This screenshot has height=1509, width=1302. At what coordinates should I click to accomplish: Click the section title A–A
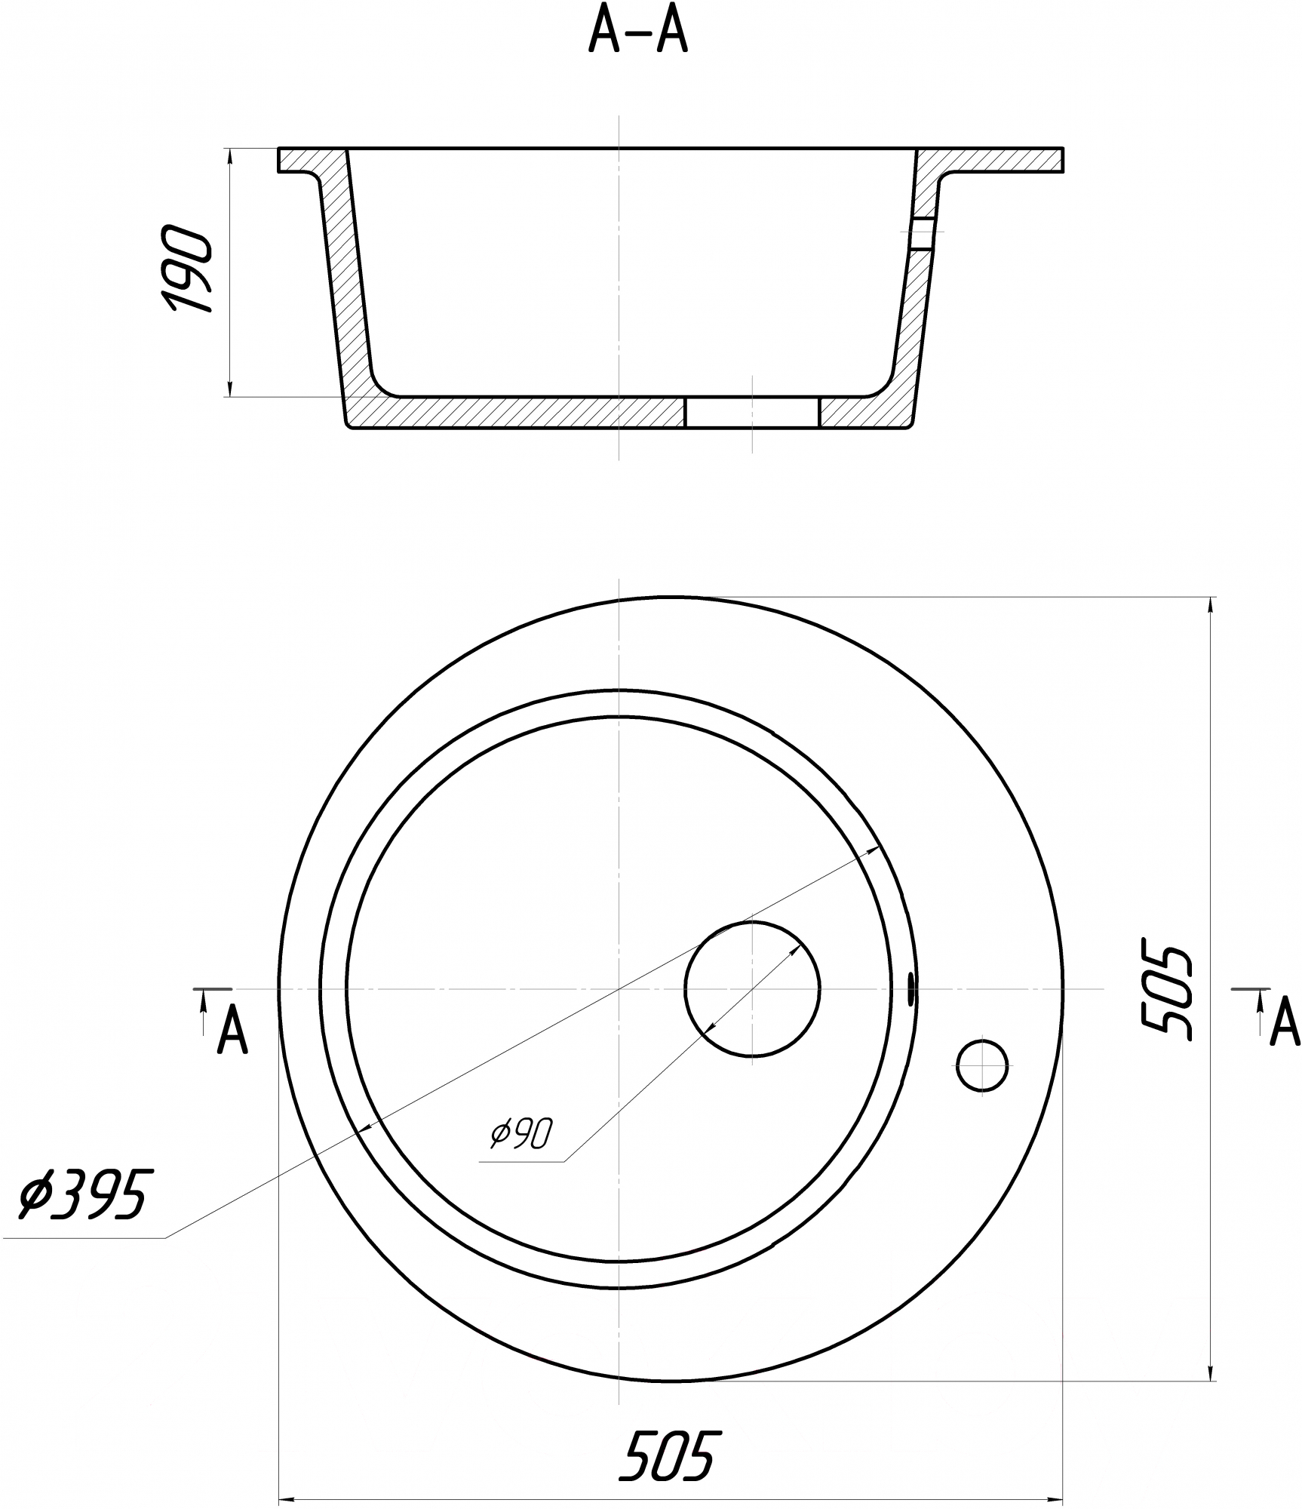tap(638, 32)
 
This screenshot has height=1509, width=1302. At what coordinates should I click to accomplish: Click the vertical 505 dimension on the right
tap(1165, 989)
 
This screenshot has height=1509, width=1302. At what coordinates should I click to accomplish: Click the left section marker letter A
tap(232, 1031)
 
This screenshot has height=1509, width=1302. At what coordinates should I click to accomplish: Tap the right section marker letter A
tap(1285, 1024)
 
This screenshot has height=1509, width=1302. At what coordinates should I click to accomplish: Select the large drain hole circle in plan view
tap(752, 988)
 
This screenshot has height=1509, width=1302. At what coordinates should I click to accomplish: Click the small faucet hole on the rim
tap(982, 1065)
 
